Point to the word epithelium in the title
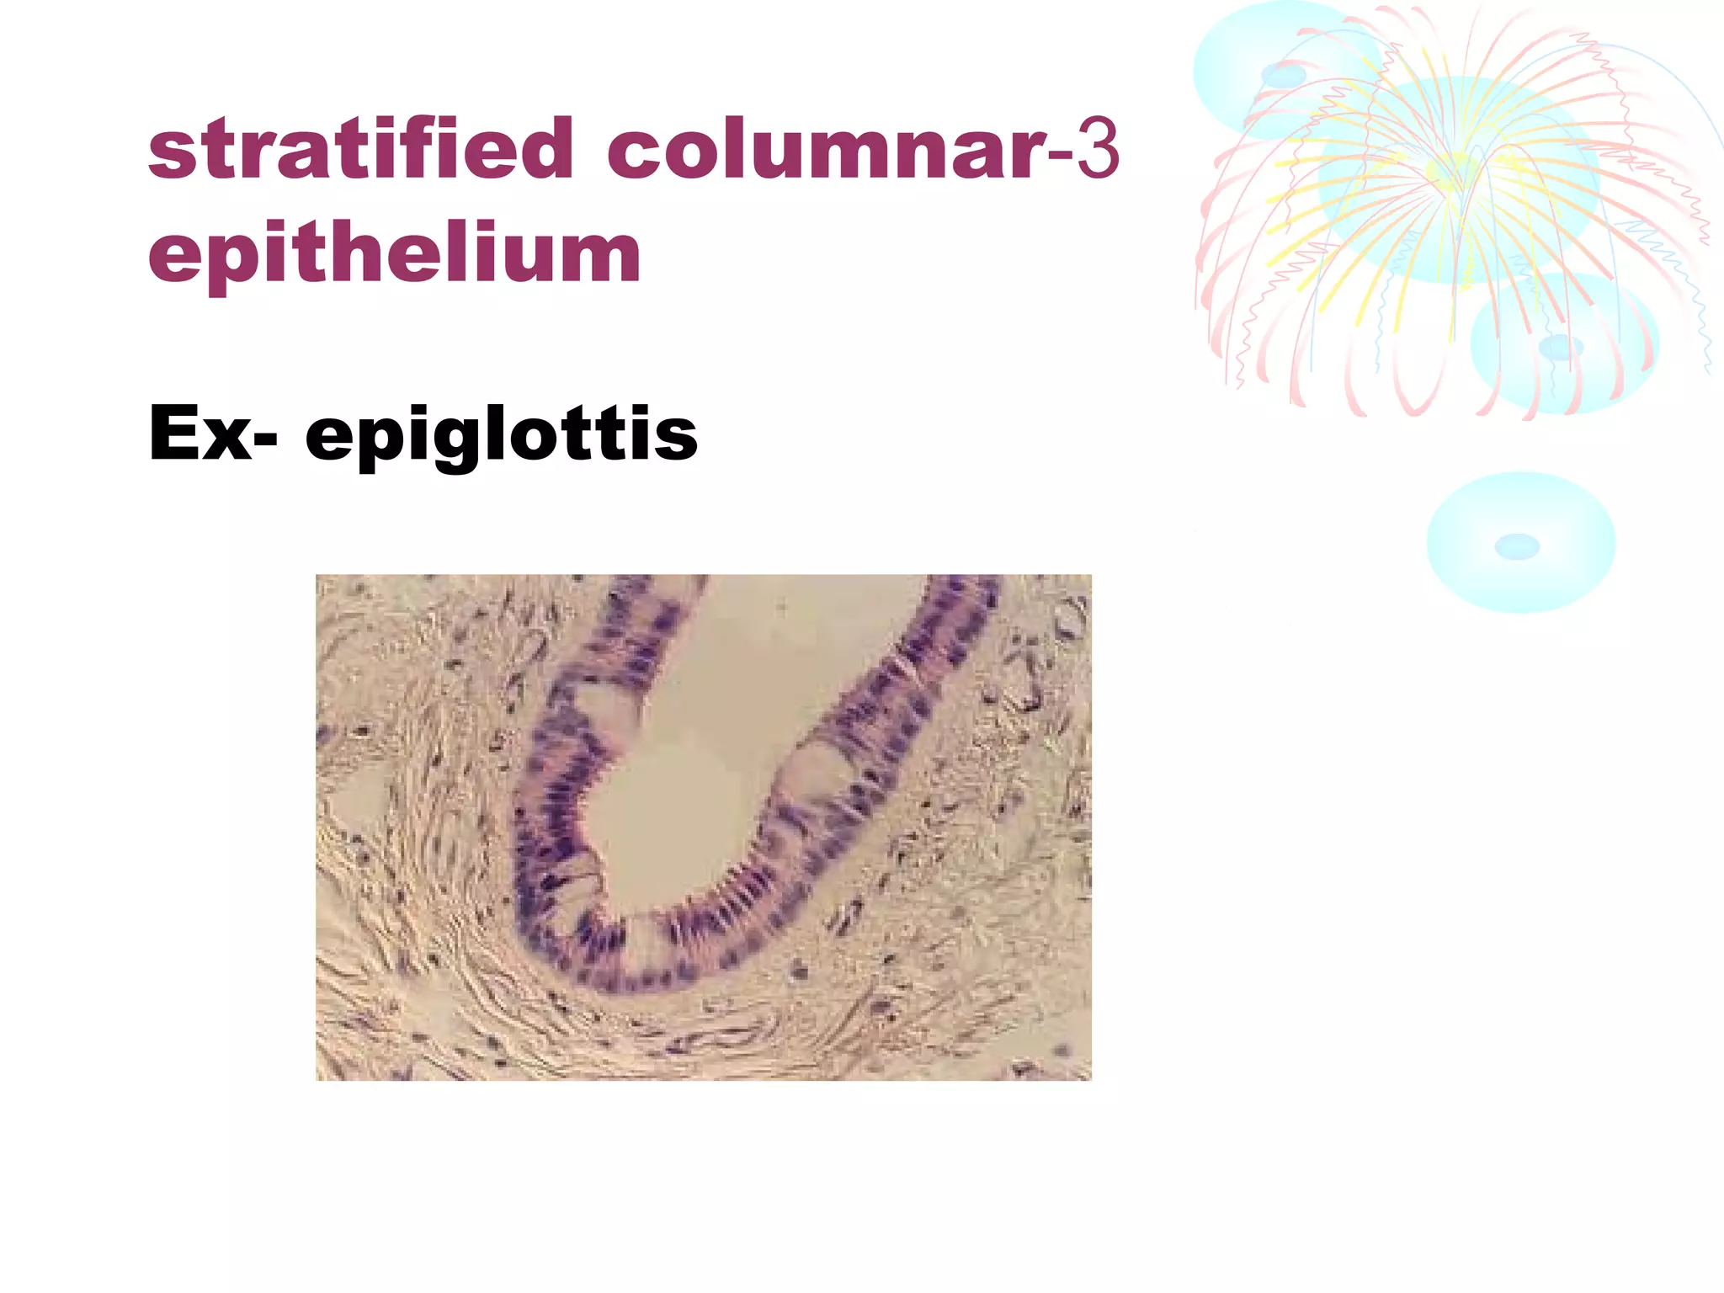coord(394,253)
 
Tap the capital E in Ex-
coord(174,433)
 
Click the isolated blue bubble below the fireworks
coord(1520,542)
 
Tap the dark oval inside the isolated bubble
coord(1517,547)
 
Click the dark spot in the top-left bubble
coord(1283,77)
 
